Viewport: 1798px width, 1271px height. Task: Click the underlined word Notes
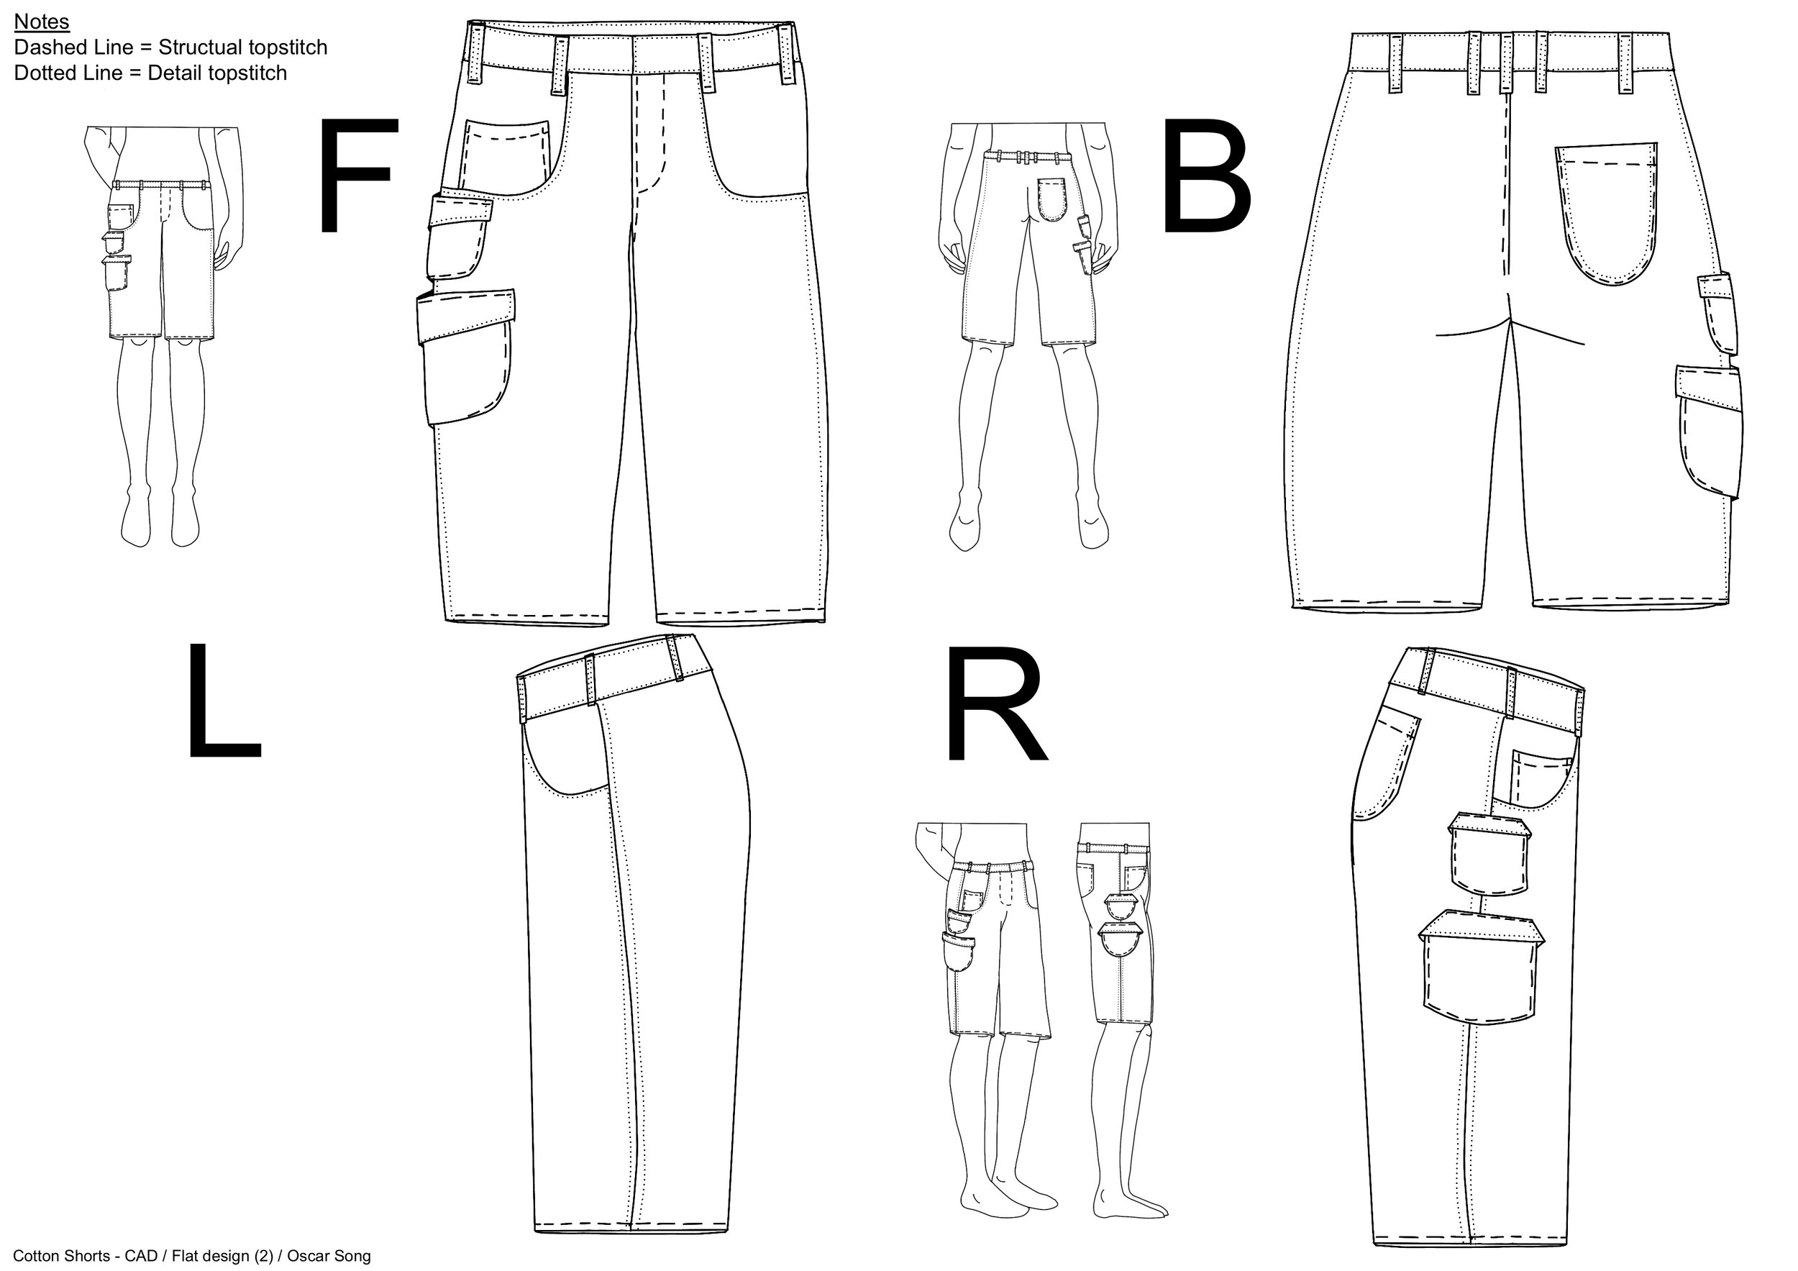42,21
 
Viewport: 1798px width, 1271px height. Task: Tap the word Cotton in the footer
38,1256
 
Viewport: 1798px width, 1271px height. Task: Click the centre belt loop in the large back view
1505,63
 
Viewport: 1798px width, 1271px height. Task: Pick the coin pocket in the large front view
505,152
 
